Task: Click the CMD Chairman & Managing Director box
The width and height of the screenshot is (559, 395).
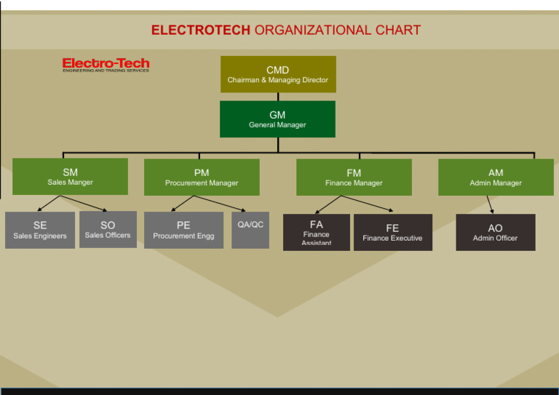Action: pyautogui.click(x=278, y=74)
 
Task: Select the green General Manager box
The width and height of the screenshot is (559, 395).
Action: pyautogui.click(x=277, y=119)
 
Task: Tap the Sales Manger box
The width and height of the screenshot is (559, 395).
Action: pyautogui.click(x=70, y=177)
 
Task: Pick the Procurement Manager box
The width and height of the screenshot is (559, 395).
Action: pyautogui.click(x=202, y=177)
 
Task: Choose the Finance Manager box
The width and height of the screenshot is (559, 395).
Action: pyautogui.click(x=354, y=177)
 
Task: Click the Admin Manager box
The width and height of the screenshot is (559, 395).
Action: pyautogui.click(x=496, y=177)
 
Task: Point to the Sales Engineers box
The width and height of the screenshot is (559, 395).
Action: pyautogui.click(x=40, y=231)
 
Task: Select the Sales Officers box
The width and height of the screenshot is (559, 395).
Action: pyautogui.click(x=108, y=230)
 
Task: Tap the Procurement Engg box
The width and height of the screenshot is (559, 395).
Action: pyautogui.click(x=183, y=231)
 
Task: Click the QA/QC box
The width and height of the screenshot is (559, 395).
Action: pyautogui.click(x=250, y=231)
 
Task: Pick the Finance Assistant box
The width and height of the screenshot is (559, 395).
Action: pyautogui.click(x=316, y=232)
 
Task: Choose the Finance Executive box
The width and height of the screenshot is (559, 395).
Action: pyautogui.click(x=392, y=233)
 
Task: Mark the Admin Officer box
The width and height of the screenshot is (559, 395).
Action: pyautogui.click(x=496, y=233)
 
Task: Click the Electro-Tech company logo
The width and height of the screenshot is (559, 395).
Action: pyautogui.click(x=106, y=65)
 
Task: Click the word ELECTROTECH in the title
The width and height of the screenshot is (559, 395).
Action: pyautogui.click(x=200, y=31)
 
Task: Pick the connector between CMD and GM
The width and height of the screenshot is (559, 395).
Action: pyautogui.click(x=277, y=97)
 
